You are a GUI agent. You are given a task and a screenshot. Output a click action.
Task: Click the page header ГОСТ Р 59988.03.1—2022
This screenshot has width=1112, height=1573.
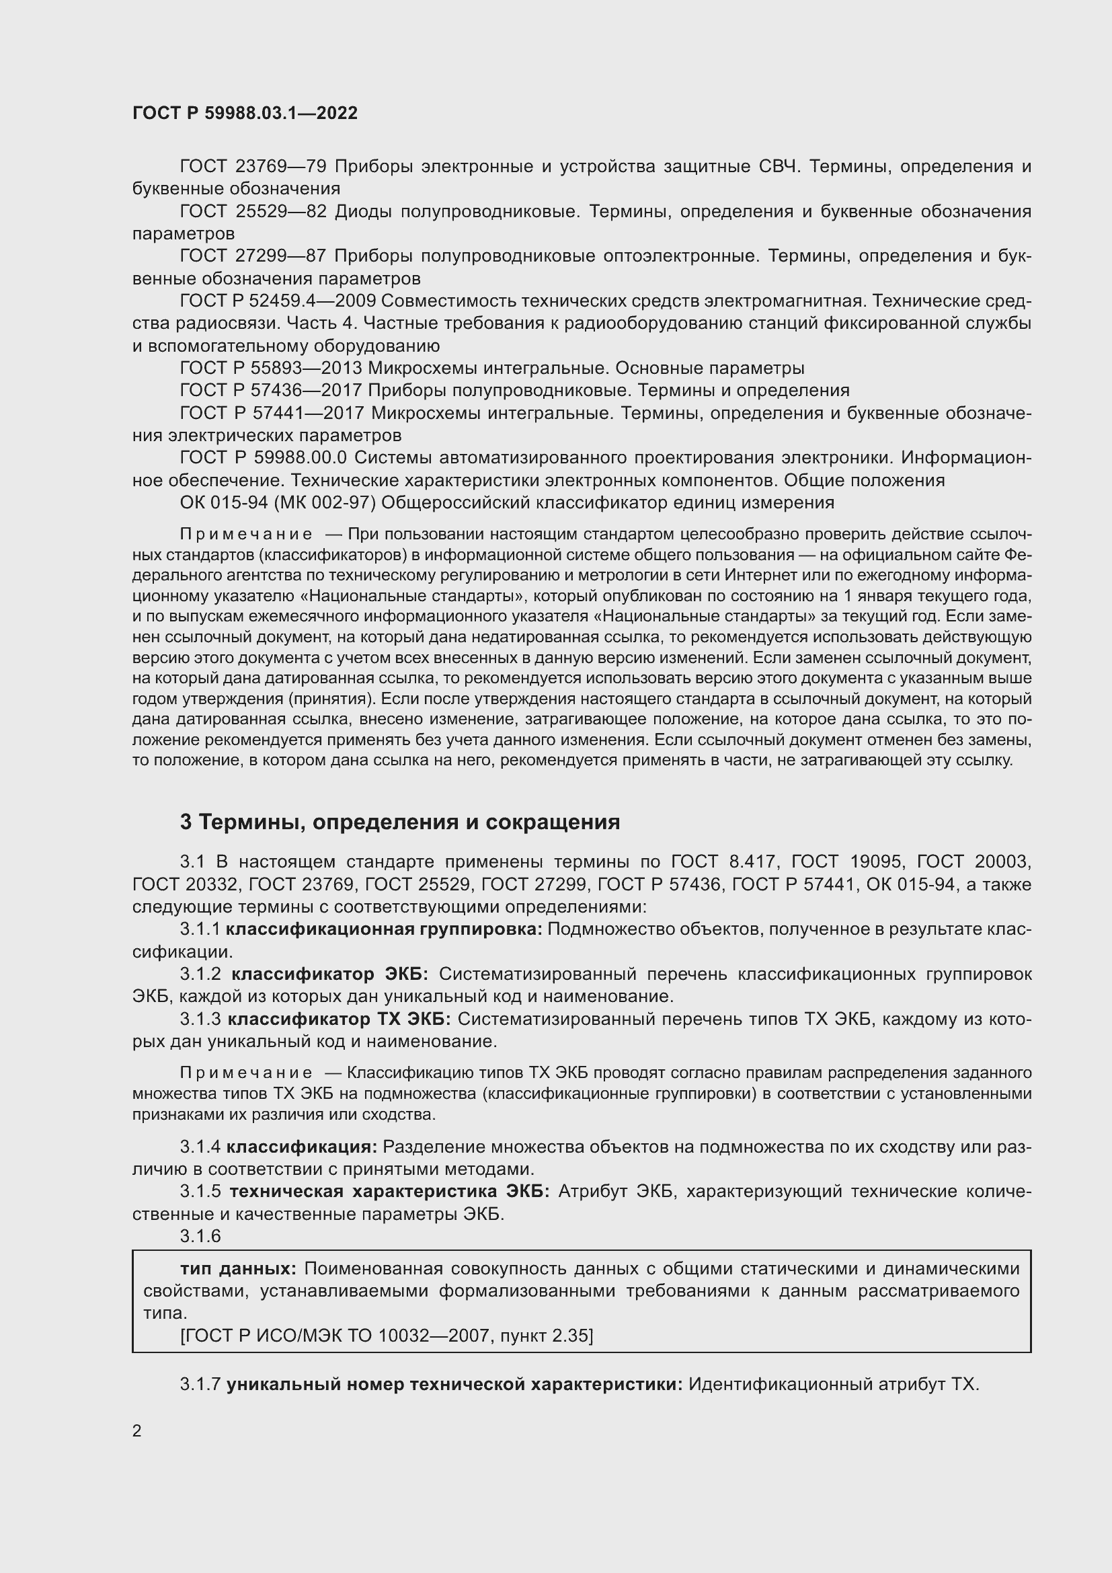point(245,113)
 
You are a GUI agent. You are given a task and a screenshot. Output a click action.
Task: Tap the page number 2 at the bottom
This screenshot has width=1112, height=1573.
point(137,1430)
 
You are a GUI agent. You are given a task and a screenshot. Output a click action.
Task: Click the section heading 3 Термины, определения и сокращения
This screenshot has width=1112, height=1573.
point(400,822)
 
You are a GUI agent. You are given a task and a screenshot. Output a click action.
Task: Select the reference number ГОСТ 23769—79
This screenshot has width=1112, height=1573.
point(253,167)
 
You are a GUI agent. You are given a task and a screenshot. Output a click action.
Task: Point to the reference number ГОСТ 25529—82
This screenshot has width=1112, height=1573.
point(253,211)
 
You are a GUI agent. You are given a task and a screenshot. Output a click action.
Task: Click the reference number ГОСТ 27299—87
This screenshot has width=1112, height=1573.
point(253,256)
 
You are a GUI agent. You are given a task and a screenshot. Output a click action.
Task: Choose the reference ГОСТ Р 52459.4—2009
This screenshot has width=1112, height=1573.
point(276,301)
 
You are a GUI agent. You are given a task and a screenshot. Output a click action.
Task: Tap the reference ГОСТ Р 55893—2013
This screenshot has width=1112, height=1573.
point(270,368)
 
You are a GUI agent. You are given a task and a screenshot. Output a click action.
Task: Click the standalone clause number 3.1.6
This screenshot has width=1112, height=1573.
point(200,1236)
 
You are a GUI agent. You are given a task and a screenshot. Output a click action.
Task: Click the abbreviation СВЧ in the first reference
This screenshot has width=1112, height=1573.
point(779,167)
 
